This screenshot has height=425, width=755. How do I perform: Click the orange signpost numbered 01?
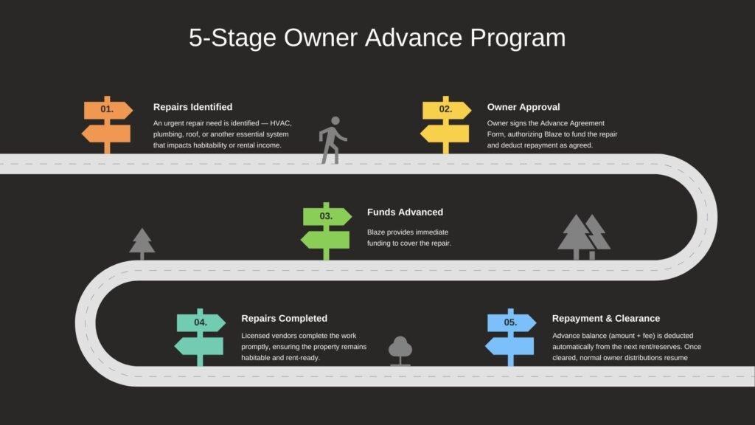click(x=107, y=122)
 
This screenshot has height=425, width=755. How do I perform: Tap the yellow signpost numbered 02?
click(x=445, y=122)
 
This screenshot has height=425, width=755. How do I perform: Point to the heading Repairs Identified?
click(x=192, y=107)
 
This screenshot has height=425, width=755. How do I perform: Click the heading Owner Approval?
click(x=523, y=107)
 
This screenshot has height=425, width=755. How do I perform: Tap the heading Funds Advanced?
click(x=405, y=212)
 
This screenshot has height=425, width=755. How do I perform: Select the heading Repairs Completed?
click(x=284, y=319)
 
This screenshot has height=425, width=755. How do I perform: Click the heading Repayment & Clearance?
click(x=606, y=319)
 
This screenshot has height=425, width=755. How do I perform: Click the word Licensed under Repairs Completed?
click(x=257, y=336)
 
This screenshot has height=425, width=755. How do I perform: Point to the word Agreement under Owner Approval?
click(x=585, y=123)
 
